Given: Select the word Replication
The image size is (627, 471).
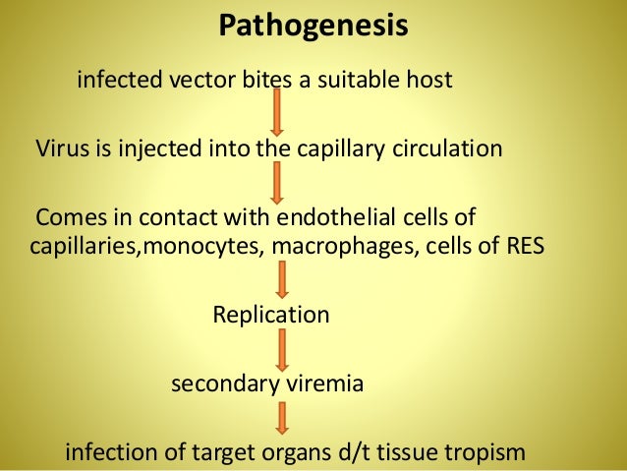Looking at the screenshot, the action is coord(271,316).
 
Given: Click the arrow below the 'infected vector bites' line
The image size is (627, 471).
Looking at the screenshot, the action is coord(278,111).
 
